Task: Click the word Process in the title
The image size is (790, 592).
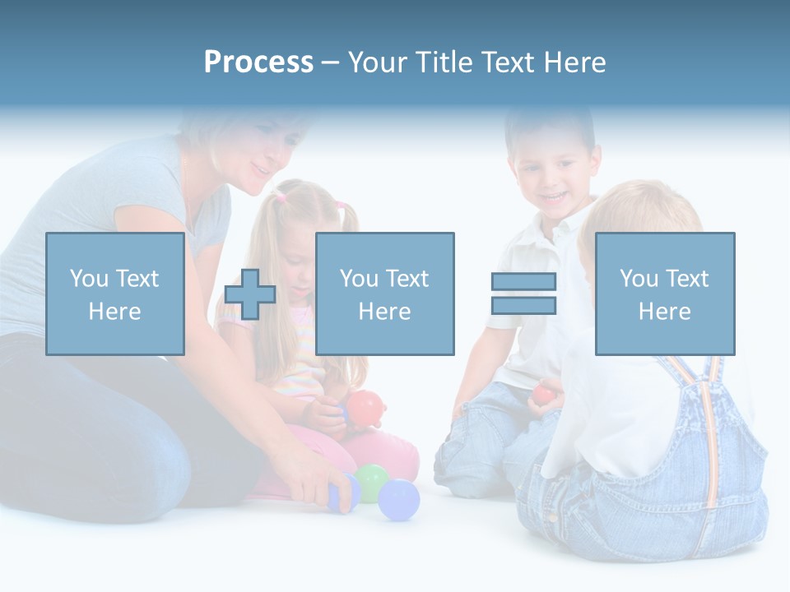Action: (x=258, y=62)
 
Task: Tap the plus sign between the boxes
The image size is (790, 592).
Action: (x=250, y=294)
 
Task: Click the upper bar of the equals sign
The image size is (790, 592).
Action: (x=523, y=281)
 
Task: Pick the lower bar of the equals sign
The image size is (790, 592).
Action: (x=523, y=306)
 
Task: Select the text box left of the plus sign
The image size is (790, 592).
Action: (x=114, y=294)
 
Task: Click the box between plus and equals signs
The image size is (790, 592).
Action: (x=384, y=294)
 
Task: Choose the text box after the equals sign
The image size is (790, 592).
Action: (x=664, y=294)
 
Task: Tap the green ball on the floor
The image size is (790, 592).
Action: (x=371, y=481)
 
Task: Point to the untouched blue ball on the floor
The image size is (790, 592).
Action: (x=399, y=499)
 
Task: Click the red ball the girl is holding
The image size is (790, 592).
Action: (x=365, y=407)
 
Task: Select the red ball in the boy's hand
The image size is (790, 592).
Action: (x=543, y=394)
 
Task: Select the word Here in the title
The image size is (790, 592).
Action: (x=574, y=62)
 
